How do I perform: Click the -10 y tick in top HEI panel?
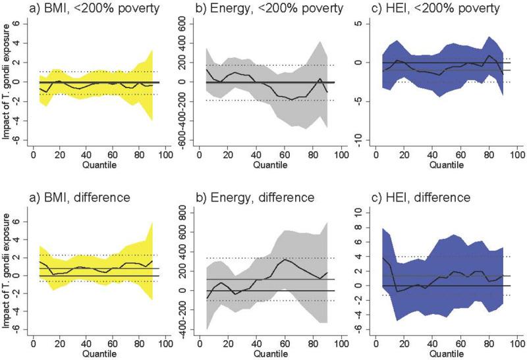[x=361, y=141]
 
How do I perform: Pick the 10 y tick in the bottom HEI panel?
[x=361, y=211]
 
